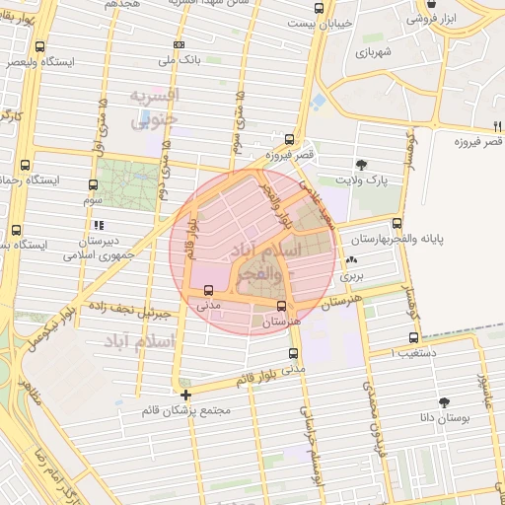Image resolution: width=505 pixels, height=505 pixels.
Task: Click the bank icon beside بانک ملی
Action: tap(178, 44)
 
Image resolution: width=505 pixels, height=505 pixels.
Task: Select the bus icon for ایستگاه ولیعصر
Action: tap(39, 46)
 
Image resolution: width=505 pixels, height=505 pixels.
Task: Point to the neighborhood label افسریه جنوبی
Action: tap(155, 108)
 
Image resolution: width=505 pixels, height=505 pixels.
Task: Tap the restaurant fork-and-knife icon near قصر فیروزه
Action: tap(496, 125)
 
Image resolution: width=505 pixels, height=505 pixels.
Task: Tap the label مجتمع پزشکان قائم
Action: tap(194, 410)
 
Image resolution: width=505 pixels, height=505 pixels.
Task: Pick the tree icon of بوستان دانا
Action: tap(444, 402)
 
